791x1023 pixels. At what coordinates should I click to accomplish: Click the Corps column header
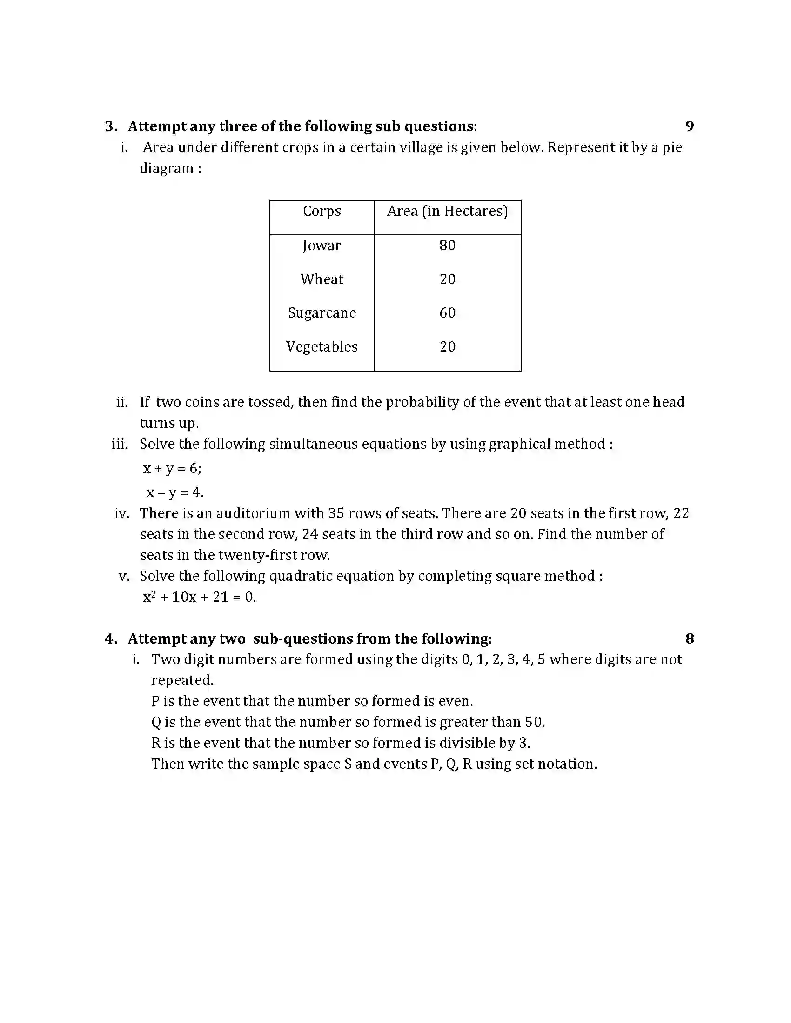pyautogui.click(x=322, y=211)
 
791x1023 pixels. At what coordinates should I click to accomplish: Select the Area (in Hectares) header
pyautogui.click(x=447, y=211)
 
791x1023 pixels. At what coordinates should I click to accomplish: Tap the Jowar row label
pyautogui.click(x=322, y=246)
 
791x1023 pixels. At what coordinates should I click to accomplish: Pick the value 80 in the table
pyautogui.click(x=447, y=246)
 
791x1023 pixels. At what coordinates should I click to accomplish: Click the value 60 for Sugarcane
pyautogui.click(x=447, y=313)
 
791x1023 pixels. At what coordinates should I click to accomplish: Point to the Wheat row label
pyautogui.click(x=322, y=279)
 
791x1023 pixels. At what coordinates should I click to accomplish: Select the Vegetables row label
pyautogui.click(x=322, y=347)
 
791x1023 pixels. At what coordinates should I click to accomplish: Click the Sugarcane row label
pyautogui.click(x=322, y=313)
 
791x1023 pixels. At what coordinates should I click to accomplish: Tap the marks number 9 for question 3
pyautogui.click(x=689, y=126)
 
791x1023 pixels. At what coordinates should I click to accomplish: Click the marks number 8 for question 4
pyautogui.click(x=689, y=638)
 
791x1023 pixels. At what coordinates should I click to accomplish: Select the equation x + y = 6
pyautogui.click(x=172, y=468)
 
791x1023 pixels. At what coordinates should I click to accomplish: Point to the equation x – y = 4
pyautogui.click(x=174, y=492)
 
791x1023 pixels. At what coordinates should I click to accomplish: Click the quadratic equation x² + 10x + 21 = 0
pyautogui.click(x=199, y=597)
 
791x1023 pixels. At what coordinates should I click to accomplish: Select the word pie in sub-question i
pyautogui.click(x=671, y=148)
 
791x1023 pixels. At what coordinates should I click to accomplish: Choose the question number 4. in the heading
pyautogui.click(x=111, y=639)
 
